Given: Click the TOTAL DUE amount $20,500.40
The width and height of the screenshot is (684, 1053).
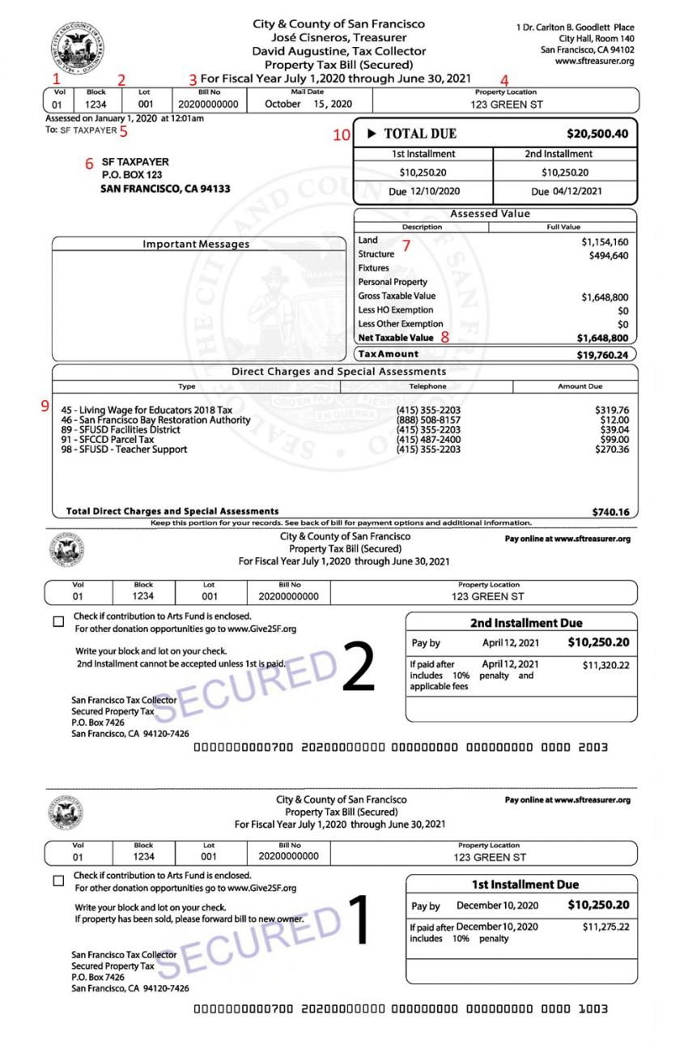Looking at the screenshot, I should coord(597,134).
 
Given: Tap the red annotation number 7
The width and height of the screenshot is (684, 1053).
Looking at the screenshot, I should coord(407,245).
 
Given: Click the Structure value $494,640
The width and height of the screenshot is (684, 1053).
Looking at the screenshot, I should coord(608,256).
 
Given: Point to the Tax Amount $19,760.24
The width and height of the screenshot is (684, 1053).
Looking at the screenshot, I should coord(599,355).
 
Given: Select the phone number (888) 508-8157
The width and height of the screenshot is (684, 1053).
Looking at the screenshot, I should coord(428,420).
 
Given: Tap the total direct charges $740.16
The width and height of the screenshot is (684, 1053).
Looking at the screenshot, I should coord(610,512).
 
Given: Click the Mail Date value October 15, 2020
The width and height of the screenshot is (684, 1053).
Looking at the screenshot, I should coord(308,104).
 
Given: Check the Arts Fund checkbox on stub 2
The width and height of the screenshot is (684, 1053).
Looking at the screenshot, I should coord(58,622).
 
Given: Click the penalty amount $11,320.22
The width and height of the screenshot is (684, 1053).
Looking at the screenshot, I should coord(605,665).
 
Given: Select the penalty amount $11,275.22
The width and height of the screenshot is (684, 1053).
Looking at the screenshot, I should coord(605,927).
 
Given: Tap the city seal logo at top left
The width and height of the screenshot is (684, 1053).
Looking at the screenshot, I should coord(76,46).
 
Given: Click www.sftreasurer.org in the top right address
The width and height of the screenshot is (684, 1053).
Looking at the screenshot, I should coord(594,62).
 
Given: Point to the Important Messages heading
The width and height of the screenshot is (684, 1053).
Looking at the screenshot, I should coord(196,244).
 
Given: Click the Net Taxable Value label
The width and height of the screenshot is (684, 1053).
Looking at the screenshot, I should coord(396,338).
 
